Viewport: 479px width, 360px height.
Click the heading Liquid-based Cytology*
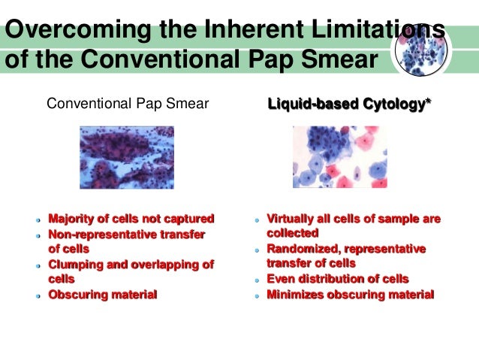(350, 104)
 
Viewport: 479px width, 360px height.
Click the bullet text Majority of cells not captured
(131, 219)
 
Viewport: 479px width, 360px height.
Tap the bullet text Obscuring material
(103, 295)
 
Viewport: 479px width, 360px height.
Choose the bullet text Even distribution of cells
(337, 280)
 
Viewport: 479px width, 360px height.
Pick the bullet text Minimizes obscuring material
(350, 295)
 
